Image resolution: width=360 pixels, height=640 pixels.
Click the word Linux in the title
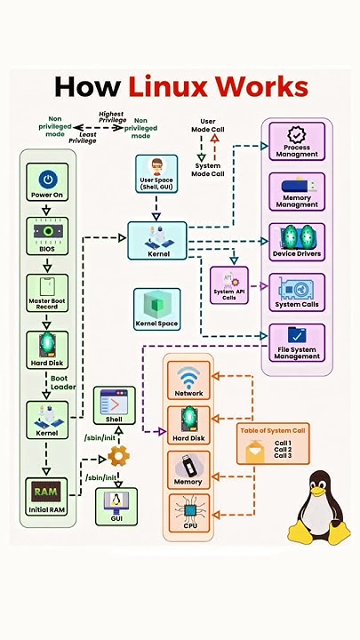(x=183, y=87)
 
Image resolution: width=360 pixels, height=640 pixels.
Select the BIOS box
(x=47, y=236)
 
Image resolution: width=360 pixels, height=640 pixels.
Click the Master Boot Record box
(x=47, y=292)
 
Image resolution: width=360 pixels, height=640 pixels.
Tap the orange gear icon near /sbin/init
(x=118, y=456)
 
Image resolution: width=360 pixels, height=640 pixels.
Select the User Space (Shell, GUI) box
(x=156, y=173)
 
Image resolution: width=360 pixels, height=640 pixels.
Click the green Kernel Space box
(x=157, y=308)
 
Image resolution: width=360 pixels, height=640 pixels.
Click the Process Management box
(x=296, y=141)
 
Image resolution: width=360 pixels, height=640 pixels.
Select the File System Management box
(x=296, y=343)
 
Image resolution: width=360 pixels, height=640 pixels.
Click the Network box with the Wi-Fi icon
(x=188, y=380)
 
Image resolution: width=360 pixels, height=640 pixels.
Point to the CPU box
(x=188, y=513)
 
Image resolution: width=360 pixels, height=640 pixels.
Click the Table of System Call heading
(x=274, y=430)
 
